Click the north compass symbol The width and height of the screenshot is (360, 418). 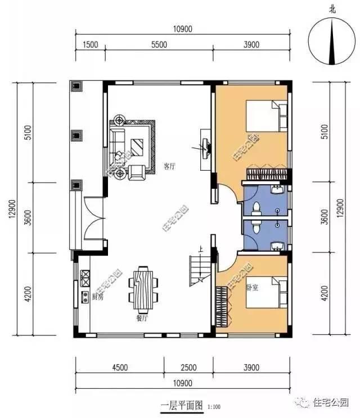pyautogui.click(x=332, y=42)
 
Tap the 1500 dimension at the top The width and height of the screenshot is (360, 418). pyautogui.click(x=90, y=45)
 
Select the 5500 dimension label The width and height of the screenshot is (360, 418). pyautogui.click(x=159, y=45)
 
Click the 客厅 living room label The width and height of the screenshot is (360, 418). pyautogui.click(x=169, y=166)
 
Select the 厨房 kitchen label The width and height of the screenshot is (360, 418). pyautogui.click(x=97, y=297)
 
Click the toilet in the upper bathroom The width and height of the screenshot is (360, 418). pyautogui.click(x=255, y=208)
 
